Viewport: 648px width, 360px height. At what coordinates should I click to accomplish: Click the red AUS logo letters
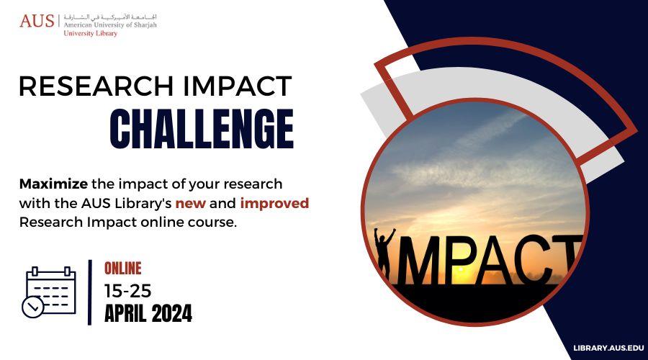tap(37, 21)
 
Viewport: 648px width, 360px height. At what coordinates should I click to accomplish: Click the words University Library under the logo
tap(91, 33)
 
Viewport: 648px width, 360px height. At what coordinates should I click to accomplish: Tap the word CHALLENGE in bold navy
tap(202, 129)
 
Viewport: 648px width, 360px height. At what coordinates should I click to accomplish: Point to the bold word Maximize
tap(53, 184)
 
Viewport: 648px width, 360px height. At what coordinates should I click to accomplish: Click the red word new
tap(191, 203)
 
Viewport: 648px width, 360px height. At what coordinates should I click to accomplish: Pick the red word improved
tap(274, 203)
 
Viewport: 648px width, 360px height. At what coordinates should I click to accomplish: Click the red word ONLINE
tap(122, 269)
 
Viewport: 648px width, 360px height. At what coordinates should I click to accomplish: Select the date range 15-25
tap(127, 291)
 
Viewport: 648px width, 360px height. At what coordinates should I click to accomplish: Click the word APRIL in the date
tap(125, 313)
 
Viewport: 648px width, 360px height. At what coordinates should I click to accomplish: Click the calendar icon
tap(49, 292)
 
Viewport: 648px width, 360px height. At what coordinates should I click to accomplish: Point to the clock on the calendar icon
tap(32, 307)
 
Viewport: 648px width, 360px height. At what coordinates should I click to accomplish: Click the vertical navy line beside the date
tap(90, 292)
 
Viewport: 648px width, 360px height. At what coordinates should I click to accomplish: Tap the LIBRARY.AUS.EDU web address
tap(608, 348)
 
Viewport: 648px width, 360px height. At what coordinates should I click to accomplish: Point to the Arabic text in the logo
tap(110, 17)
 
